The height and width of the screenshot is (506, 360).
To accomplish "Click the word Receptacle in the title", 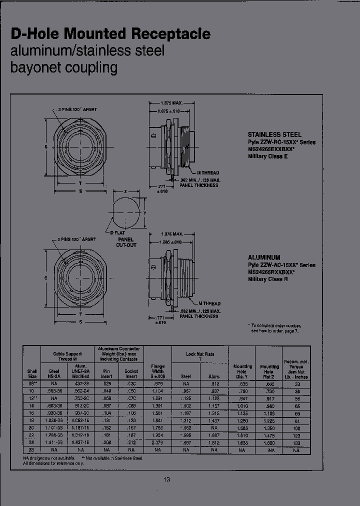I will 171,34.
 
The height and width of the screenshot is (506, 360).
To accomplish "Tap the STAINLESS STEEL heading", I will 274,134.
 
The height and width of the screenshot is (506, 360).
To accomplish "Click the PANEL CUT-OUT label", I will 126,242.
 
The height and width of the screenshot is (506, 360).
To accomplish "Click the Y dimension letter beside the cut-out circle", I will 145,213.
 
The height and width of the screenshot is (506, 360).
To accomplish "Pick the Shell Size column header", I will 31,373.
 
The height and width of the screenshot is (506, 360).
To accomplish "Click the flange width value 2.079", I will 157,442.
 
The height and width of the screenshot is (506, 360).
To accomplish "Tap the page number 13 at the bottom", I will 166,480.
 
